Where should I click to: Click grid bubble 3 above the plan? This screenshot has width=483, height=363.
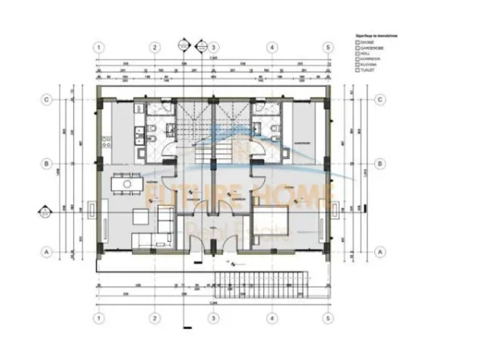coord(213,47)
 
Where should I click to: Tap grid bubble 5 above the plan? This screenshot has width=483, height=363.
coord(328,47)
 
